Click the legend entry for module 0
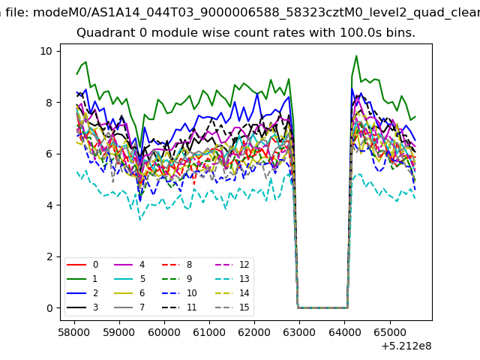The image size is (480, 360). pos(82,265)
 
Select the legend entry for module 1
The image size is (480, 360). pos(82,278)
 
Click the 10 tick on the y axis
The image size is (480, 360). pos(46,51)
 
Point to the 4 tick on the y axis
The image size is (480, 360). pos(49,205)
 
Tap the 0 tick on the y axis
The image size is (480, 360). pos(49,308)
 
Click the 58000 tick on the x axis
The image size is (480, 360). pos(74,332)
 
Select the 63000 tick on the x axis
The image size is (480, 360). pos(299,332)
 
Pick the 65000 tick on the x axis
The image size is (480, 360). pos(390,332)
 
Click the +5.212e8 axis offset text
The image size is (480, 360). pos(406,346)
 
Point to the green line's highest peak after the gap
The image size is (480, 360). pos(356,55)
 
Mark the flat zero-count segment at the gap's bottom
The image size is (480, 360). pos(322,307)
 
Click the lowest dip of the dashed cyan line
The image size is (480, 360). pos(140,220)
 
